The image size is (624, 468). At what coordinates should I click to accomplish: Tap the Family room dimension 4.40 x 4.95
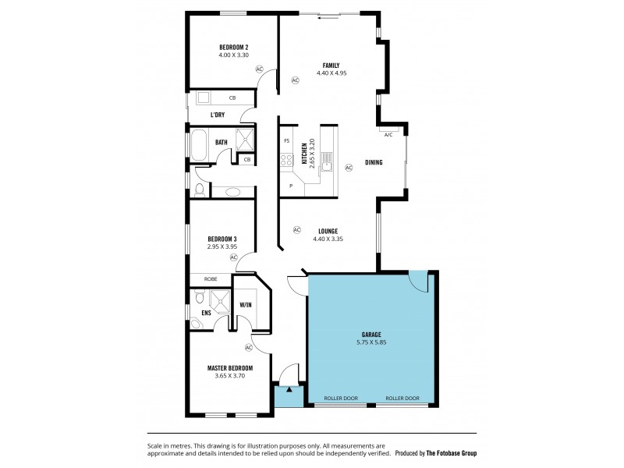point(331,73)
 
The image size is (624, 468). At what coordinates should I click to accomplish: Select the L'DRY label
point(218,115)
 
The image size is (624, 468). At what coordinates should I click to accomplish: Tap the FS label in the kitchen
point(286,141)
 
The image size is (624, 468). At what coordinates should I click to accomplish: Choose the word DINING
point(374,162)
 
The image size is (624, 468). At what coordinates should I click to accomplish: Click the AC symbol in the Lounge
point(296,229)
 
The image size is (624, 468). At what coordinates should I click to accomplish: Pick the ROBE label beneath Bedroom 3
point(211,278)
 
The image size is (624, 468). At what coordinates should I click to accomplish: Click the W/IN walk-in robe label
point(245,304)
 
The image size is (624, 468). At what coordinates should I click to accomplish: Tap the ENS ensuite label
point(206,313)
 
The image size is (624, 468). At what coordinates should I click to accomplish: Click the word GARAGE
point(370,334)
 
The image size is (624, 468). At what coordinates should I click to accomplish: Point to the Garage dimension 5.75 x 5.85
point(370,342)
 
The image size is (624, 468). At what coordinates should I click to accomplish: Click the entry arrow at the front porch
point(289,388)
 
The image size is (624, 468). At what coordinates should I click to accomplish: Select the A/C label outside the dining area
point(388,135)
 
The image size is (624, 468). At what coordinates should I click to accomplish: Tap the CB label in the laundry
point(232,98)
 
